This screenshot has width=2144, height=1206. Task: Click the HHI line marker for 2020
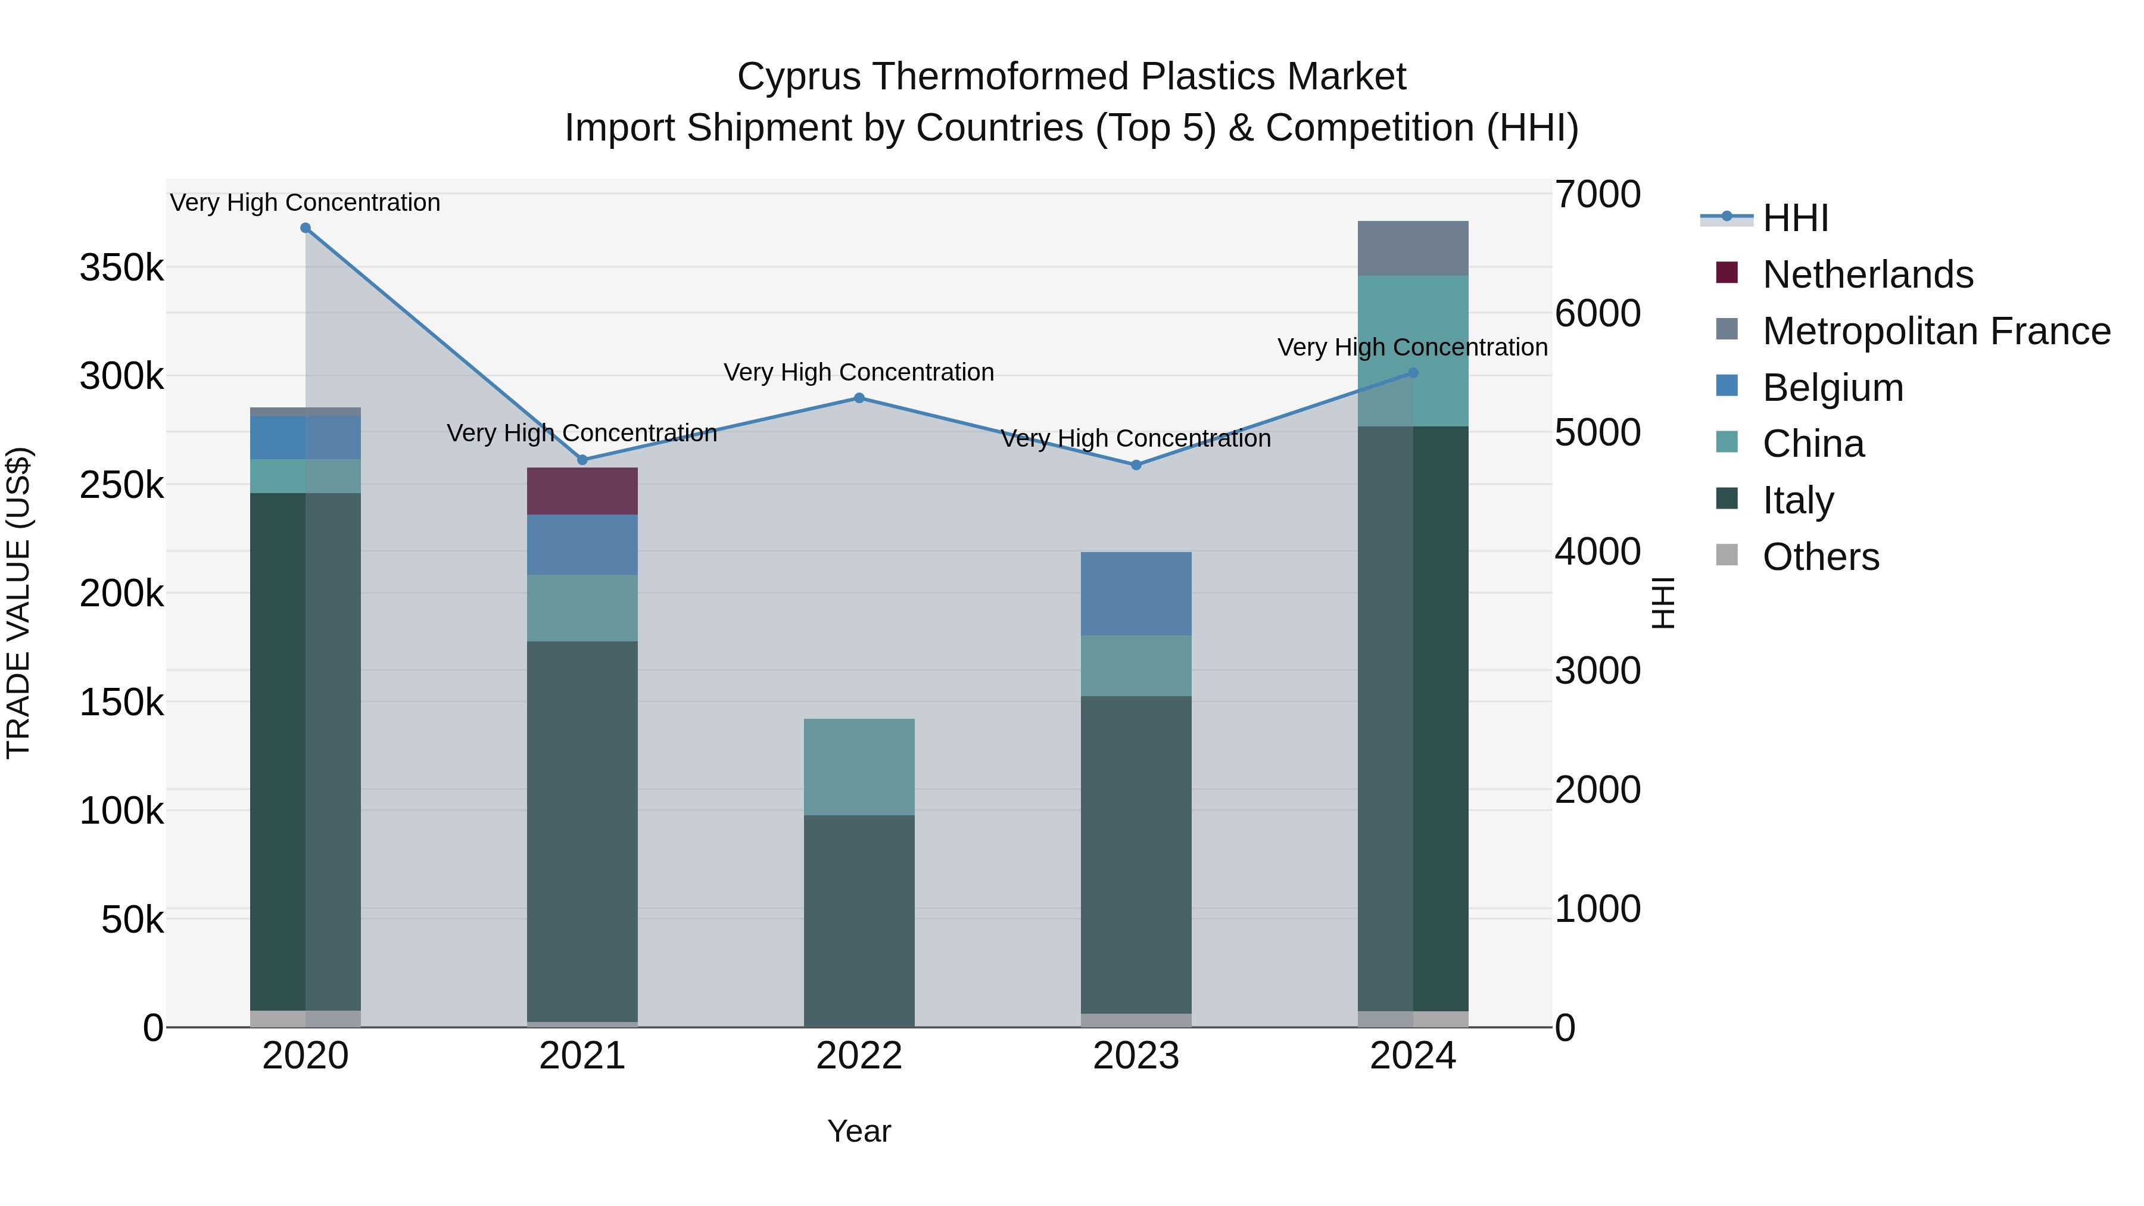(306, 228)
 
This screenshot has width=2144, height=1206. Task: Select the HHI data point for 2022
(859, 398)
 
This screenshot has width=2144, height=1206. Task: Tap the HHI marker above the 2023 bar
(1136, 465)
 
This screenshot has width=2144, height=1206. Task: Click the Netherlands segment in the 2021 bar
(582, 491)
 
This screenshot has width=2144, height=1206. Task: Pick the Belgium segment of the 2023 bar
(1136, 593)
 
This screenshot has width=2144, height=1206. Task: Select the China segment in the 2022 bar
(859, 766)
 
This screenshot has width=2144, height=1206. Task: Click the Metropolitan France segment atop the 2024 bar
(1413, 248)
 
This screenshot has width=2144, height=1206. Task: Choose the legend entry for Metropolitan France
(1936, 331)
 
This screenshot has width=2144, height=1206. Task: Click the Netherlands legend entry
(1867, 275)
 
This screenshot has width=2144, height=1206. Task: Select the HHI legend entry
(1795, 218)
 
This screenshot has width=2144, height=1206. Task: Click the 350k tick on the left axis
(121, 269)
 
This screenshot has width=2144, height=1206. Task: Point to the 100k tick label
(121, 811)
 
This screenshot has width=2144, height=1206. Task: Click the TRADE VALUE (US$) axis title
(19, 603)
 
